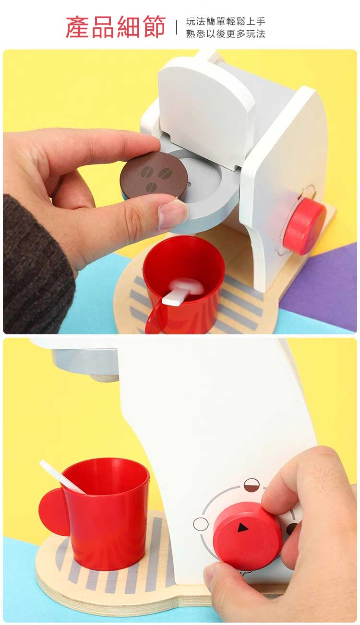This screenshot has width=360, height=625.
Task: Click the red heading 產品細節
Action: (x=116, y=27)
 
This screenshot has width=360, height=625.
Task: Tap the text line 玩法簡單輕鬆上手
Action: (x=226, y=21)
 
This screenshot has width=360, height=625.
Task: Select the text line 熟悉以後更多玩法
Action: (x=226, y=34)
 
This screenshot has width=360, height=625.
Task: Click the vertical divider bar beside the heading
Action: (x=177, y=27)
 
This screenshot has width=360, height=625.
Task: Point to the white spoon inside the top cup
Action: (x=183, y=290)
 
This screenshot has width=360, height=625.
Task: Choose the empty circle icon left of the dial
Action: (x=201, y=523)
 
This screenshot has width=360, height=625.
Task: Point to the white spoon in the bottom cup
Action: (x=62, y=477)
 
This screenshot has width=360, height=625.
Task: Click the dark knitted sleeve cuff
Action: (x=36, y=265)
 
